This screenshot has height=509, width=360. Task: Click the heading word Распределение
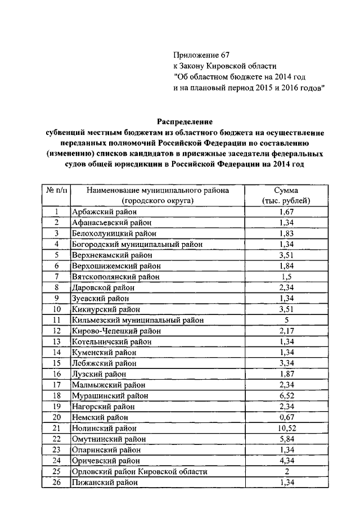186,121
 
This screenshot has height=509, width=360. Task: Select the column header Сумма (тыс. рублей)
287,195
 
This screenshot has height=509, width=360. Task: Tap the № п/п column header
56,190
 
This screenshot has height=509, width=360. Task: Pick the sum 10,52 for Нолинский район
287,428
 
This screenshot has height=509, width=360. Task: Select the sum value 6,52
287,395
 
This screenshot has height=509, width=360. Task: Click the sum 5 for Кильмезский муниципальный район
287,319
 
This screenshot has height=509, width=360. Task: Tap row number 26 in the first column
56,482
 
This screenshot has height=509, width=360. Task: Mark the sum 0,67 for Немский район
287,417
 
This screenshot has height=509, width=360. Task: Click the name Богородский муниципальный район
137,244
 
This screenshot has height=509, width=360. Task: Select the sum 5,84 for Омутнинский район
287,439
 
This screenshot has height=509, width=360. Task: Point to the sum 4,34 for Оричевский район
287,461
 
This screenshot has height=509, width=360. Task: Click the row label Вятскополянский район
115,276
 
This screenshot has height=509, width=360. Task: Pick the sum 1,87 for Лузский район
287,374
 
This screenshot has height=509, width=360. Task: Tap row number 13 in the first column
56,341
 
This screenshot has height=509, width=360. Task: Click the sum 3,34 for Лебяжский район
287,363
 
